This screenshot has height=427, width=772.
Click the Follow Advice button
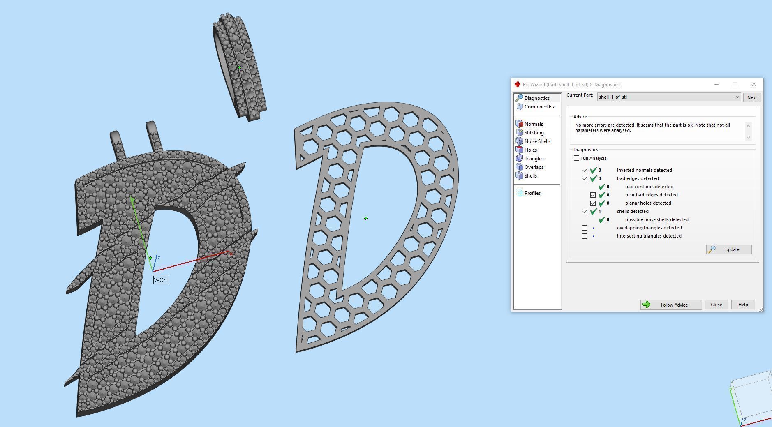(670, 305)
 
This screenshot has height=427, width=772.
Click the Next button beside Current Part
(751, 97)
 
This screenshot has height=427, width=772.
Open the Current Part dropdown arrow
(737, 97)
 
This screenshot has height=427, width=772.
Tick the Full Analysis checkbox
(576, 158)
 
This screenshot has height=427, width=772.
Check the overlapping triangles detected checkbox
(585, 228)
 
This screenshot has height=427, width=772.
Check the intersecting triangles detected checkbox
(585, 236)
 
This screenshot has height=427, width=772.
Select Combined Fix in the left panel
(539, 107)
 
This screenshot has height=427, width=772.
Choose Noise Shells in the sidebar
(537, 141)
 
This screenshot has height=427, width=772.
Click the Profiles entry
(532, 193)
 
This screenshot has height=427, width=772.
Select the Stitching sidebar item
(534, 133)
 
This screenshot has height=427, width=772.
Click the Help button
(742, 305)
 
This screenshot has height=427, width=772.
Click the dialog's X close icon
(754, 84)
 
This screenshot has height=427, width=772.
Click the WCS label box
(160, 280)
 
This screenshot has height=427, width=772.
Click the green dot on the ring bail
(240, 67)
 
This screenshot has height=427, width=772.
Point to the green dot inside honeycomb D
(366, 218)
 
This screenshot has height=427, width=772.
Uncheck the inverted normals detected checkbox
(585, 170)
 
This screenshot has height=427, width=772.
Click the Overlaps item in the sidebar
(534, 167)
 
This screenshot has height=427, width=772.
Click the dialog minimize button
(717, 84)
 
